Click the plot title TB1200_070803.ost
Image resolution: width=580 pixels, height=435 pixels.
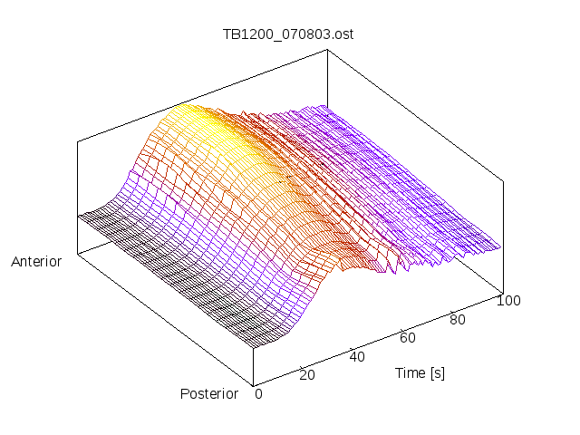pos(288,34)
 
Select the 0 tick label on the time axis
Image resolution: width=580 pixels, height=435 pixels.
pos(258,393)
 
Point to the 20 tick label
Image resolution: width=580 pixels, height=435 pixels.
pos(306,375)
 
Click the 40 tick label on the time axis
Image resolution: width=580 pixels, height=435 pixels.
pos(357,356)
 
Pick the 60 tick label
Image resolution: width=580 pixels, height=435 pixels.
pos(408,338)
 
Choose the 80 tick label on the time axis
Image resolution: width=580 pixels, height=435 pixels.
pos(459,319)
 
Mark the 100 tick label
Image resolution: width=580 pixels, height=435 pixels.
pos(508,301)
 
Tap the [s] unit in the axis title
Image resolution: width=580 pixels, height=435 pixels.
pos(437,372)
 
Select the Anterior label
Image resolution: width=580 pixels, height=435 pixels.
pos(36,262)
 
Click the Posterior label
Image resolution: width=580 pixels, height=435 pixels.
pos(209,393)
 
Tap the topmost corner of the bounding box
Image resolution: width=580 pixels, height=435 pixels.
pos(328,50)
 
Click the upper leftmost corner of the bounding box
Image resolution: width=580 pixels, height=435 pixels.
pos(77,140)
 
